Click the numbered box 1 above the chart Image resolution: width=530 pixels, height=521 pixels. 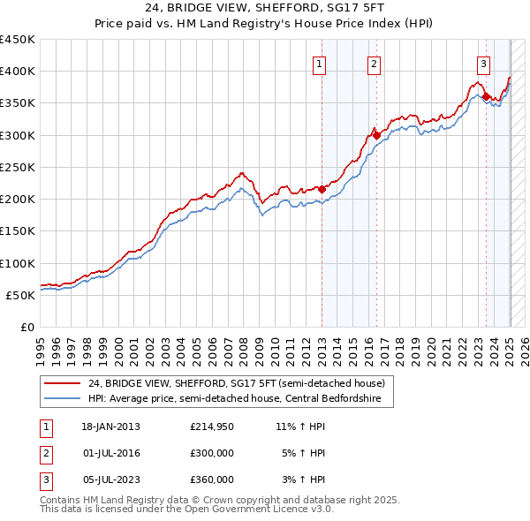tap(318, 64)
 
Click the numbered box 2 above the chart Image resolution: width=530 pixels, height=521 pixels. tap(374, 64)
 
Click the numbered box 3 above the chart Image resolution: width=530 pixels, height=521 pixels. tap(484, 64)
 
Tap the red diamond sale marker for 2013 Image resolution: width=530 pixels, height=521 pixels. tap(322, 189)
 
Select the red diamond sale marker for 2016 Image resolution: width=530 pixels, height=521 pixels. tap(376, 135)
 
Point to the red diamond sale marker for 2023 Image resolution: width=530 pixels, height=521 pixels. tap(486, 96)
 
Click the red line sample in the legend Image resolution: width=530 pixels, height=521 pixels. tap(63, 384)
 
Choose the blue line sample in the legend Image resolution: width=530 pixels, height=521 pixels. tap(63, 398)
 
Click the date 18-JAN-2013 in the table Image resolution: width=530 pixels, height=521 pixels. tap(110, 427)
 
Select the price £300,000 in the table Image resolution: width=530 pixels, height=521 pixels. tap(212, 453)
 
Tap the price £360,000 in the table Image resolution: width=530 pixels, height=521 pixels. tap(212, 479)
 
